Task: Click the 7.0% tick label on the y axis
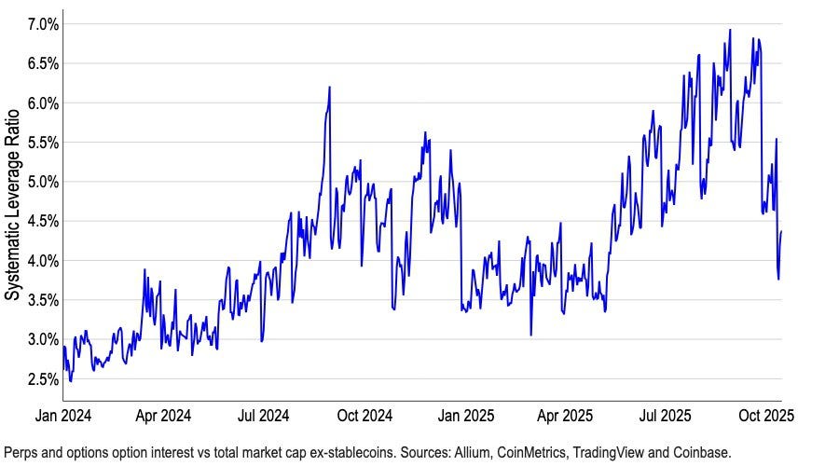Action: click(x=43, y=24)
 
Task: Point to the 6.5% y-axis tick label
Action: click(x=43, y=63)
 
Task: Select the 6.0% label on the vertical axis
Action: click(x=43, y=103)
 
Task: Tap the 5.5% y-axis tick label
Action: click(x=43, y=143)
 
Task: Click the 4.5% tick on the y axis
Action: click(x=43, y=222)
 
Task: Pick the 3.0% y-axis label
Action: click(x=43, y=340)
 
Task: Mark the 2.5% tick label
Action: click(x=43, y=379)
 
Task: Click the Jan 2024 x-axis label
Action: click(x=63, y=416)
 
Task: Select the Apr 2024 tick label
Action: click(x=163, y=416)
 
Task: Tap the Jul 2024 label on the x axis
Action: click(x=263, y=416)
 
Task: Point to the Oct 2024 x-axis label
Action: click(x=364, y=416)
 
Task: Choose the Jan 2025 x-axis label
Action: click(x=466, y=416)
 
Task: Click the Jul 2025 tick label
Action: click(x=665, y=416)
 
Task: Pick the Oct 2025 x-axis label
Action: click(x=766, y=416)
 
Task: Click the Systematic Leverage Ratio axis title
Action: click(x=12, y=205)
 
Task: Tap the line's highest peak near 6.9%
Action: click(x=730, y=30)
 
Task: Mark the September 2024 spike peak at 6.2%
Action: click(x=329, y=88)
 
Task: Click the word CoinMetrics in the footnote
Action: click(x=532, y=453)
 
